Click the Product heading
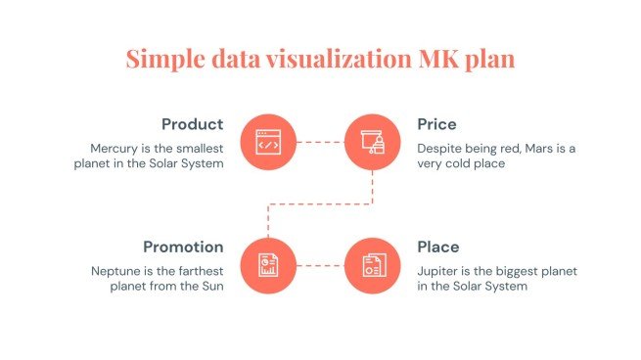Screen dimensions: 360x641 (193, 125)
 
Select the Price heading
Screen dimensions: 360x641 (436, 125)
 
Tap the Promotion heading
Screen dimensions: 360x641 (183, 247)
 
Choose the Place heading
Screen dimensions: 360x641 (438, 247)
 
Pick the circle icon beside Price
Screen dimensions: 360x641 (373, 143)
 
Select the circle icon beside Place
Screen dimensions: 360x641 (373, 264)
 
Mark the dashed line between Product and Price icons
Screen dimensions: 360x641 (320, 143)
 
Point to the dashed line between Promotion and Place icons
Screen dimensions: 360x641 (320, 264)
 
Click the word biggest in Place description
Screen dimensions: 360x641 (528, 270)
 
